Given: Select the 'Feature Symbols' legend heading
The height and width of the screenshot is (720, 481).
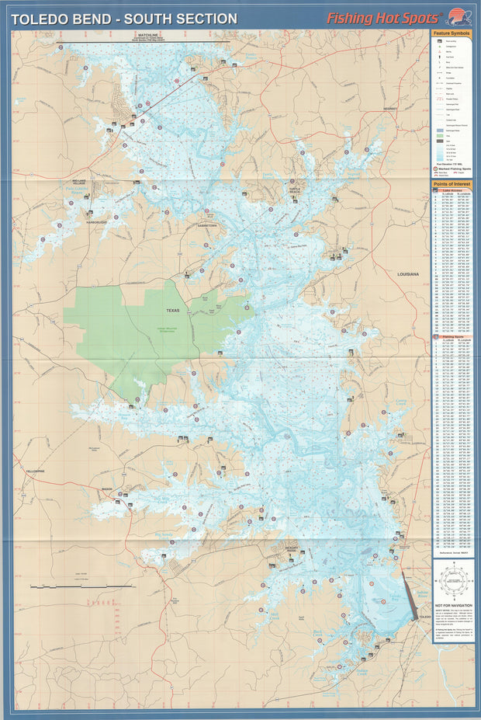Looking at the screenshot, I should [452, 35].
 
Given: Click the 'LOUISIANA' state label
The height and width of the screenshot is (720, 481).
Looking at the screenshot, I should [408, 274].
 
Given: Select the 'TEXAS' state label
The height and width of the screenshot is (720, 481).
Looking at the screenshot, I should [171, 310].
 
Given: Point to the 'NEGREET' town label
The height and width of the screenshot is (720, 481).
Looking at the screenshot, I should [390, 109].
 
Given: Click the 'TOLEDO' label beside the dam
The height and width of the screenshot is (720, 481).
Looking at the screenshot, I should [424, 617].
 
